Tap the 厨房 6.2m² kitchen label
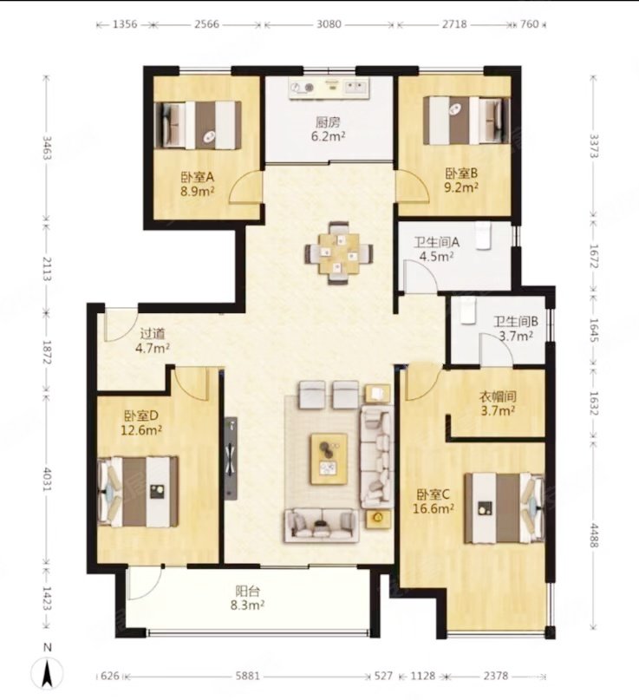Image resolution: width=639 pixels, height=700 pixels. (328, 129)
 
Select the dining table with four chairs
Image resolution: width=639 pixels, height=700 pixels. (339, 253)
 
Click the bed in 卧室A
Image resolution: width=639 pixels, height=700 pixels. (198, 125)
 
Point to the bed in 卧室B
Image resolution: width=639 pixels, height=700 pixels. (466, 121)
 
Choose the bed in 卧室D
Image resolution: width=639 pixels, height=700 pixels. (138, 492)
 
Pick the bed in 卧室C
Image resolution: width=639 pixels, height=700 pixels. (505, 508)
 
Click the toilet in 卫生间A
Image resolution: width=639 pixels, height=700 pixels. (483, 235)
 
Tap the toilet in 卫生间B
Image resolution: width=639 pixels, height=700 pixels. (468, 311)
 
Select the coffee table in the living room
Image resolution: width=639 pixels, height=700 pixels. (329, 459)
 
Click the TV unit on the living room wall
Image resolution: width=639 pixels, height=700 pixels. (231, 459)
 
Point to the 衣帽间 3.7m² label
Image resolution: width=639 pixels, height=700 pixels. (498, 403)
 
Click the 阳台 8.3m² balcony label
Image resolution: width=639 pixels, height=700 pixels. (248, 599)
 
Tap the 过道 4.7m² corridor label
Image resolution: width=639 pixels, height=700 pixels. (153, 341)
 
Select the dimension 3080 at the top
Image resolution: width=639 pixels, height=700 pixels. (329, 24)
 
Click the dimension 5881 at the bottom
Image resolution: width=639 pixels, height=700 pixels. (248, 676)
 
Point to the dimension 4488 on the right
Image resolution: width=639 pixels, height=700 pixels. (594, 535)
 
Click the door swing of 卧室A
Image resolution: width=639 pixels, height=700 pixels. (245, 187)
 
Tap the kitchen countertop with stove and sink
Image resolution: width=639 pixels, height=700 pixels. (329, 88)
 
